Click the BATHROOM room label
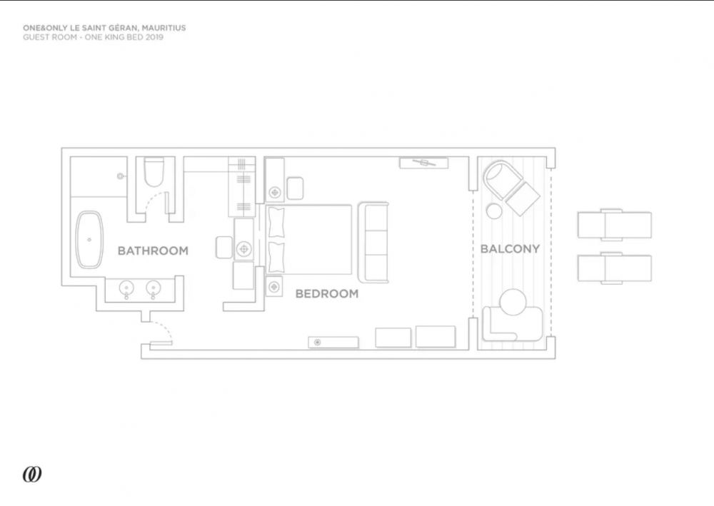pos(153,251)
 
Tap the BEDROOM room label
pos(327,294)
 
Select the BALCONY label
pos(510,249)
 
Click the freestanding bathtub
pos(89,239)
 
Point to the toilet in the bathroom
pos(154,173)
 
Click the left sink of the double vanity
pos(126,288)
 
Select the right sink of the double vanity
pos(154,288)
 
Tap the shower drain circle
pos(120,176)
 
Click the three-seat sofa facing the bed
pos(374,242)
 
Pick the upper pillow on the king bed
pos(276,223)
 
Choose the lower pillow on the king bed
pos(276,257)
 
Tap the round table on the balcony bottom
pos(513,302)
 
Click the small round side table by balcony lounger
pos(494,211)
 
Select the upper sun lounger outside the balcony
pos(614,225)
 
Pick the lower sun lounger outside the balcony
pos(614,268)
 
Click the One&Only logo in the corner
pos(32,475)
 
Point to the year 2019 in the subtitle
pos(154,37)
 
